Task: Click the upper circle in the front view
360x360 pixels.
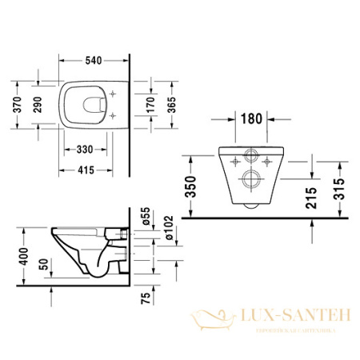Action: [x=251, y=157]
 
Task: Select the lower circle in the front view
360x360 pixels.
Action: [x=251, y=178]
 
